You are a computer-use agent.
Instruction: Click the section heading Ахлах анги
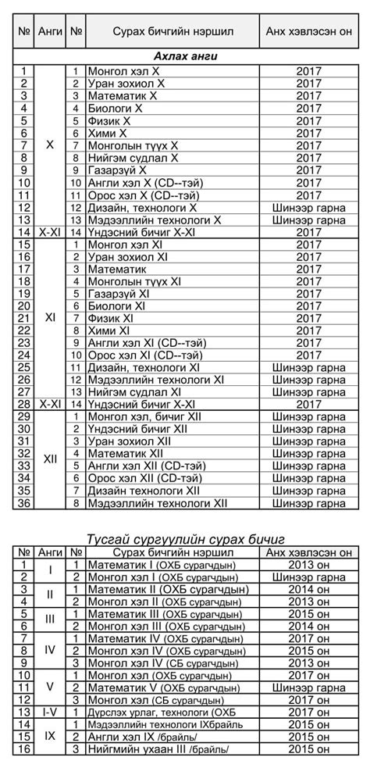[184, 56]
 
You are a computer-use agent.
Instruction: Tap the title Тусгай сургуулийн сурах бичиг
[184, 539]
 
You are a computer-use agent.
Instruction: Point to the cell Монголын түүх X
[132, 146]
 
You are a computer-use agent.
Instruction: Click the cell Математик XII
[124, 453]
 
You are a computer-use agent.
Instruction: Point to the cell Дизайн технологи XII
[144, 490]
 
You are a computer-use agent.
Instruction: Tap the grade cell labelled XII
[50, 459]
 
